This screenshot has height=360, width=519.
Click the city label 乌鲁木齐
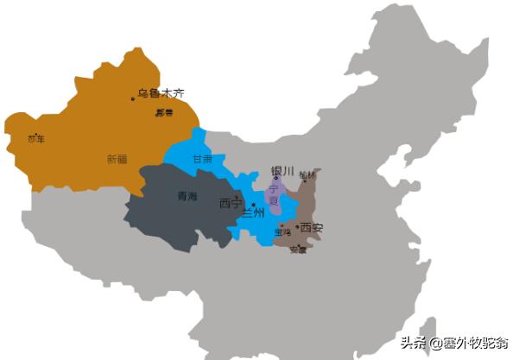(161, 93)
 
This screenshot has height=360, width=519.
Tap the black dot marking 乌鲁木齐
(133, 99)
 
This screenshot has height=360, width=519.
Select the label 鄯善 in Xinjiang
(164, 112)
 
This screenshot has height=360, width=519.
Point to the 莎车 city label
(35, 138)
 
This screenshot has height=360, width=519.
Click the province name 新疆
(117, 159)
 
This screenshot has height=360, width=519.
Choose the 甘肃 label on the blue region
(202, 160)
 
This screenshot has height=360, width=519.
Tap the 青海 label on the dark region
(187, 196)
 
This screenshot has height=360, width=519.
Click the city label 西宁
(231, 204)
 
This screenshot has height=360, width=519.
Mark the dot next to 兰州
(253, 204)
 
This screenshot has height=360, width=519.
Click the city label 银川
(282, 171)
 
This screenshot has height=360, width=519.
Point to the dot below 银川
(276, 179)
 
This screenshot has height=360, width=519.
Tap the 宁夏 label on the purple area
(275, 193)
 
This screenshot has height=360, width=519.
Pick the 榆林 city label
(307, 175)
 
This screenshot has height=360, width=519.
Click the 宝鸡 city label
(282, 231)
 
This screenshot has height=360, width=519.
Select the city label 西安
(312, 228)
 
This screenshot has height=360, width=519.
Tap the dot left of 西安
(297, 227)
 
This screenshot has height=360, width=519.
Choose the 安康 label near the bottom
(298, 250)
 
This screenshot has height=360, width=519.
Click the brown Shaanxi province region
(307, 207)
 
